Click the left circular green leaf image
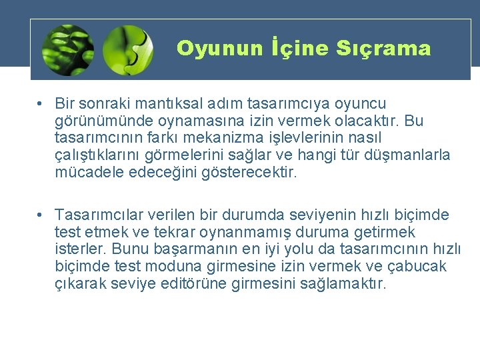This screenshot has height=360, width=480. [x=67, y=49]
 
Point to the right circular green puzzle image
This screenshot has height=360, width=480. [x=129, y=49]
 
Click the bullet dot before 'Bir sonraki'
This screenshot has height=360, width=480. [x=41, y=104]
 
